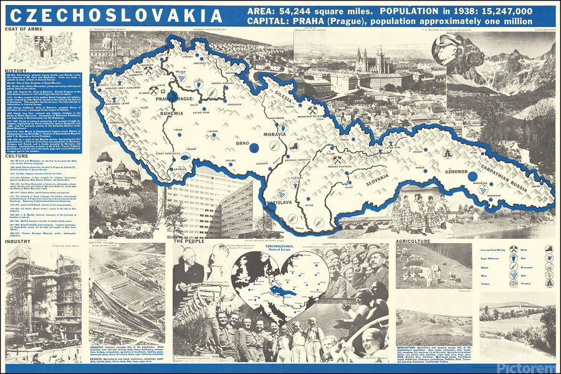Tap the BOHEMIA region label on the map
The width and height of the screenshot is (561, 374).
click(171, 113)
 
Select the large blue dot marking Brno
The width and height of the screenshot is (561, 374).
click(254, 147)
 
